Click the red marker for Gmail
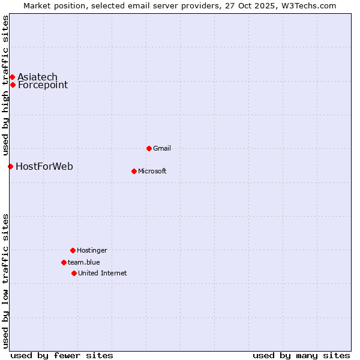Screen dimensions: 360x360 (x=149, y=148)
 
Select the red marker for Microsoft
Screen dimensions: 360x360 (x=134, y=171)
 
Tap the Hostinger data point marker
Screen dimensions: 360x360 (x=73, y=250)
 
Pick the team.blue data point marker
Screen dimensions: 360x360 (x=64, y=262)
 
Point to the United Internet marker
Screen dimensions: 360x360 (x=74, y=273)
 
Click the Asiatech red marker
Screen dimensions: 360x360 (x=12, y=77)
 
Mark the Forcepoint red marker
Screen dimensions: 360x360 (x=13, y=85)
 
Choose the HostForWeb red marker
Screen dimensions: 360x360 (x=10, y=166)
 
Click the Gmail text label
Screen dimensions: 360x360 (x=162, y=148)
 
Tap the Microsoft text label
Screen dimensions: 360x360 (x=152, y=171)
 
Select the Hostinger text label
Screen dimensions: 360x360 (x=92, y=250)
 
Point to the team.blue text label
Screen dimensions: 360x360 (x=84, y=262)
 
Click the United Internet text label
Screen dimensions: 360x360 (x=103, y=273)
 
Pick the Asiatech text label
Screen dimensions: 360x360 (x=37, y=77)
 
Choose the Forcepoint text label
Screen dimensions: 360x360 (x=43, y=85)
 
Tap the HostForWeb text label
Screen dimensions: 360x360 (x=44, y=166)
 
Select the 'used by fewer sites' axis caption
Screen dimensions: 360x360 (x=62, y=355)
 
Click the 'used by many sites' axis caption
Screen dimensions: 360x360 (x=301, y=355)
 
